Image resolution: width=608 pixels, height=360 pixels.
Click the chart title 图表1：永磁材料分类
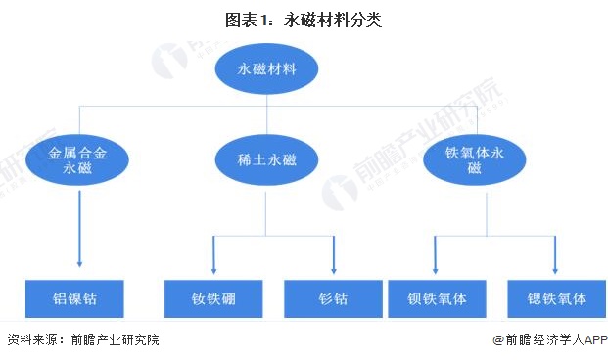point(303,19)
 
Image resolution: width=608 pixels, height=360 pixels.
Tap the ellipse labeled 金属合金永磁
point(76,159)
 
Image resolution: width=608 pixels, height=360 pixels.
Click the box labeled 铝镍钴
point(76,298)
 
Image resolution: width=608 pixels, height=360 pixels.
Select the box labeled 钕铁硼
point(213,298)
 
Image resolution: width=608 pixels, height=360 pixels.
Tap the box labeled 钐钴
point(333,298)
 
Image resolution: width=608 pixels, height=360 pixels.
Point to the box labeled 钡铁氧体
point(436,298)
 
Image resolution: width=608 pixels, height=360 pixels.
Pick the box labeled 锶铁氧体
point(553,298)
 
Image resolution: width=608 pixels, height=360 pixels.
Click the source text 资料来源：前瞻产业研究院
point(82,340)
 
